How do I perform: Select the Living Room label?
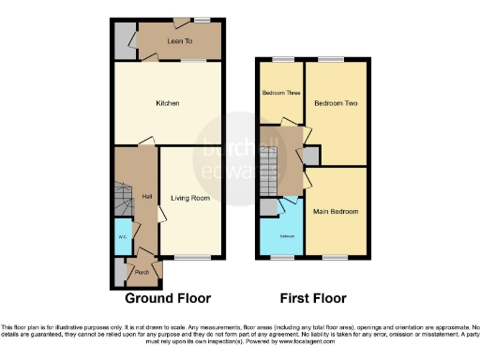190,198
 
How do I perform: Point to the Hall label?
147,196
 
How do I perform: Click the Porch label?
142,272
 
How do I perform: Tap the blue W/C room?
123,237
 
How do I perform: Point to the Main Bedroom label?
337,212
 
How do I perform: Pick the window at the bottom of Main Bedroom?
335,256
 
